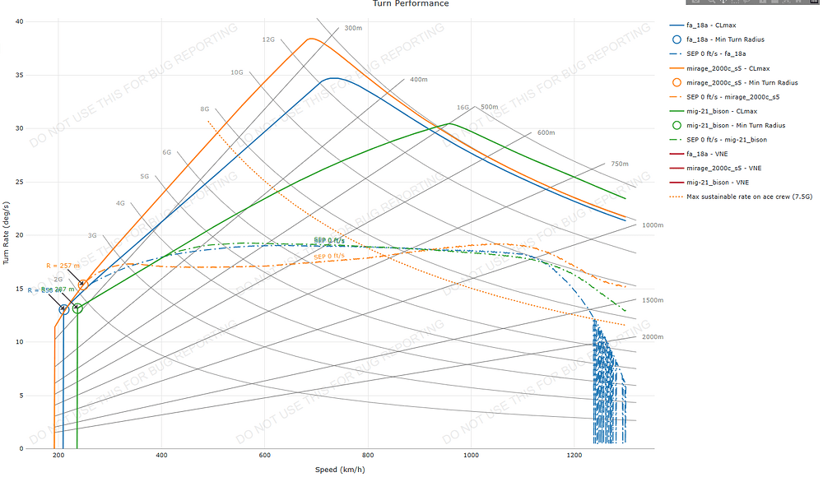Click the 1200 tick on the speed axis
tap(574, 455)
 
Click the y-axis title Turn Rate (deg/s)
tap(7, 235)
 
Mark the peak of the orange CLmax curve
tap(310, 39)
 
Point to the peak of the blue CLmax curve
tap(333, 78)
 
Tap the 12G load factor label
tap(268, 39)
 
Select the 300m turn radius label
tap(353, 28)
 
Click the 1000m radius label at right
tap(653, 225)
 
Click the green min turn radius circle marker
tap(77, 308)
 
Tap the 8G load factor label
tap(204, 109)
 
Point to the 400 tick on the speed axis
tap(161, 455)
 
